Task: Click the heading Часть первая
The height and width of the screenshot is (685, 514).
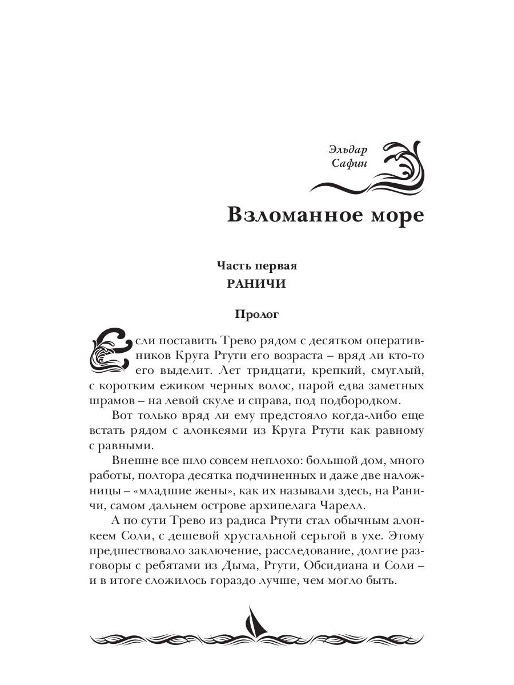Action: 257,265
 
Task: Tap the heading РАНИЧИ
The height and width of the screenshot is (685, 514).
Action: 257,284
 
